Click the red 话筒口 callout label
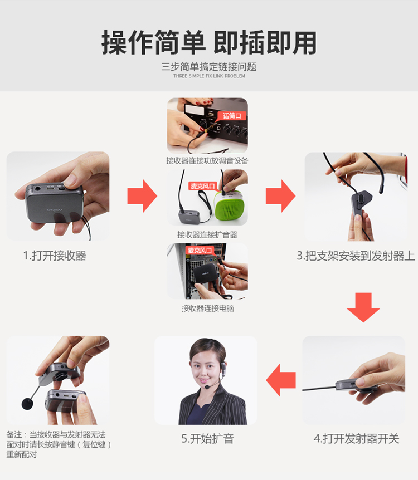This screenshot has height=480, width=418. (231, 116)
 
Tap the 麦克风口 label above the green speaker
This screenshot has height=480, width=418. (202, 186)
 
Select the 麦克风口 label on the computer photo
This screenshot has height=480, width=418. (199, 250)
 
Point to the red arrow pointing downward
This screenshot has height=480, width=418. (363, 307)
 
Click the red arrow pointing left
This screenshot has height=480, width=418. (281, 380)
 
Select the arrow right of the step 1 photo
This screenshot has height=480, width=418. (142, 196)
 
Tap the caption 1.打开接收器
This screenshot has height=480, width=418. (55, 256)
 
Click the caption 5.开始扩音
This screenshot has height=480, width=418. (207, 439)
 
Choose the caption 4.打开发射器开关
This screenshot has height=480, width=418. (356, 439)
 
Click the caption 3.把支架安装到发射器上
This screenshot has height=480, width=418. (356, 256)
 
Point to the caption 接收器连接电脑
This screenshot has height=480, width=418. (207, 308)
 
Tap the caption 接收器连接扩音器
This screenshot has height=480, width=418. (207, 235)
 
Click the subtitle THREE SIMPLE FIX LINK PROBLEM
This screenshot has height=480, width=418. (209, 76)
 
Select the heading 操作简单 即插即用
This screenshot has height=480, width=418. (209, 42)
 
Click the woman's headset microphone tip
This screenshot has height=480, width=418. (207, 387)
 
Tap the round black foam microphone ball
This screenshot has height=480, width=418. (27, 404)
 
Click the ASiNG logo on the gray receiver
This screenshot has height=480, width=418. (55, 210)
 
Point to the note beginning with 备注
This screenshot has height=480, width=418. (58, 444)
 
